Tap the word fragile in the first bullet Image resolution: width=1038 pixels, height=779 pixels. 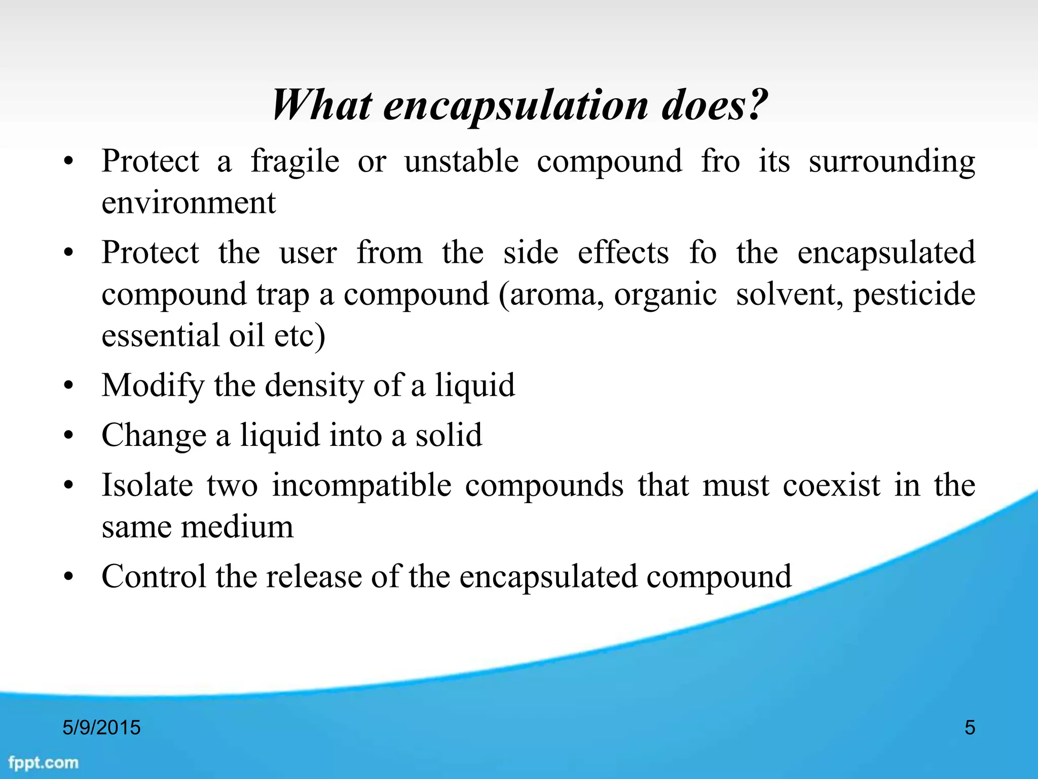pos(295,161)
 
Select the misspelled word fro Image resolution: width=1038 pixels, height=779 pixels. pos(720,161)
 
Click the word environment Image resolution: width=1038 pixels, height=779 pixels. pos(189,202)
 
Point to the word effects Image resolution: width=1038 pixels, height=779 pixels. pos(623,252)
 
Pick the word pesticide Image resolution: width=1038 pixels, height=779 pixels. pos(914,294)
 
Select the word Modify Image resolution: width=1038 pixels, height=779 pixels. pos(153,385)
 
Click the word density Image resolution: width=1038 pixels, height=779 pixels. pos(314,385)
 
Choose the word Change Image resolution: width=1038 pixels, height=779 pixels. pos(154,435)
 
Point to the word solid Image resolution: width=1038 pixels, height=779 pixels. pos(449,435)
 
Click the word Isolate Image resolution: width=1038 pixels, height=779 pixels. pos(147,485)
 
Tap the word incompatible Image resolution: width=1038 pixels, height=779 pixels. pos(361,485)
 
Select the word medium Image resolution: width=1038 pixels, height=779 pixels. pos(237,526)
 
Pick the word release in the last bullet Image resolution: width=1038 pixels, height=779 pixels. pos(314,576)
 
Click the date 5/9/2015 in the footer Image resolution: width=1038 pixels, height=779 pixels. pos(101,727)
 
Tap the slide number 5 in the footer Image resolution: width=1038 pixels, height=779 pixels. pos(970,727)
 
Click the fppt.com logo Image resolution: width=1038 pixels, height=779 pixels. pos(44,762)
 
